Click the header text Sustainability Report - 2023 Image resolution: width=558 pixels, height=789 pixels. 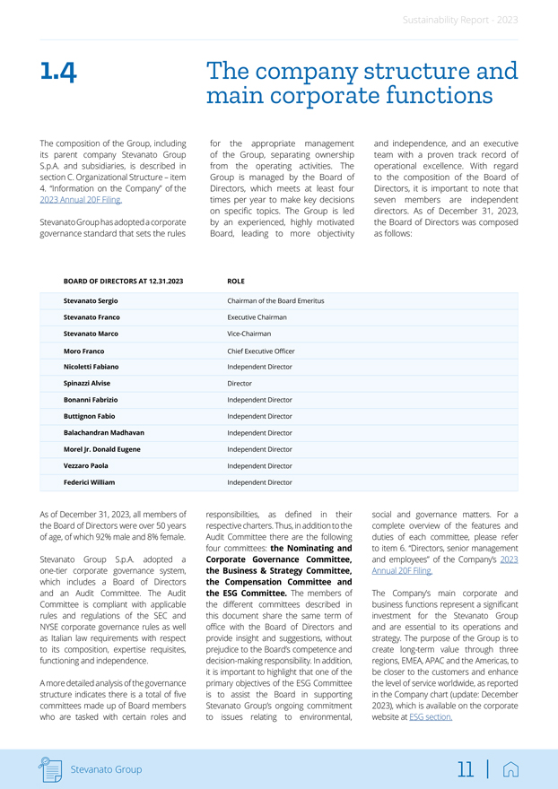pyautogui.click(x=459, y=20)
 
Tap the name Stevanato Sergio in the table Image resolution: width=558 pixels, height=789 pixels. pyautogui.click(x=91, y=300)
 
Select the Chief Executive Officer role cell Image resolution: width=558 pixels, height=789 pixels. pyautogui.click(x=261, y=351)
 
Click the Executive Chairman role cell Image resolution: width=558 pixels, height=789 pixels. pyautogui.click(x=257, y=317)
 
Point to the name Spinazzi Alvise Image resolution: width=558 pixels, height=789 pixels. pyautogui.click(x=87, y=383)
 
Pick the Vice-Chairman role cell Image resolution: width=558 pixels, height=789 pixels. pyautogui.click(x=249, y=334)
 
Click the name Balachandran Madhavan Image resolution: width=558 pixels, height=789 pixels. pyautogui.click(x=104, y=432)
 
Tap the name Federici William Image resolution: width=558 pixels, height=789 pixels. pyautogui.click(x=89, y=482)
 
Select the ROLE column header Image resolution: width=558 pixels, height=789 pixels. pyautogui.click(x=236, y=281)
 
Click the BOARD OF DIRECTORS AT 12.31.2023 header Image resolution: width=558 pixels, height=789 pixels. pyautogui.click(x=123, y=281)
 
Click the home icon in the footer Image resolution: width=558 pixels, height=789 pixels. pyautogui.click(x=511, y=768)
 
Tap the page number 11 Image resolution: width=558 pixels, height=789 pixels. pyautogui.click(x=465, y=768)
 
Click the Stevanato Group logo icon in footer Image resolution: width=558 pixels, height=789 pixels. pyautogui.click(x=51, y=768)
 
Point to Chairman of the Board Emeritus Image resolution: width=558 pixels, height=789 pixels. pyautogui.click(x=275, y=300)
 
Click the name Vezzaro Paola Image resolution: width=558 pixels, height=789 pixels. pyautogui.click(x=86, y=465)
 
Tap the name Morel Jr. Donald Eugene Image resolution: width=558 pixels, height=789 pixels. pyautogui.click(x=102, y=449)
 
